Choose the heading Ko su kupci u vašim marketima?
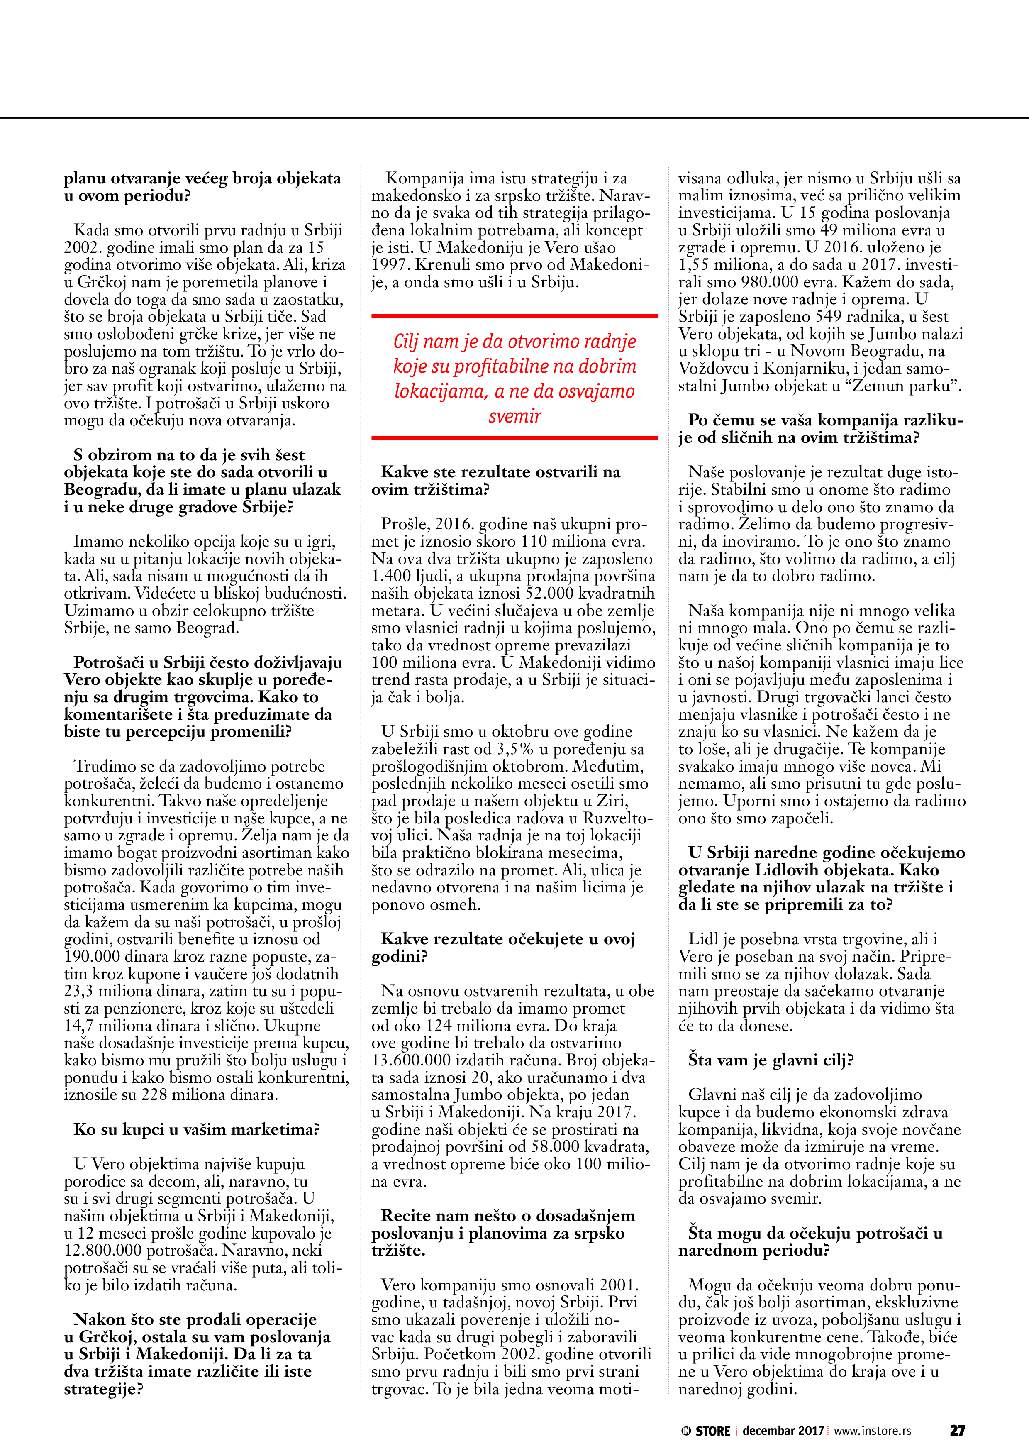pyautogui.click(x=197, y=1129)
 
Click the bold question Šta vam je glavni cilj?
pyautogui.click(x=771, y=1060)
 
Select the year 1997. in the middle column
pyautogui.click(x=390, y=265)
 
